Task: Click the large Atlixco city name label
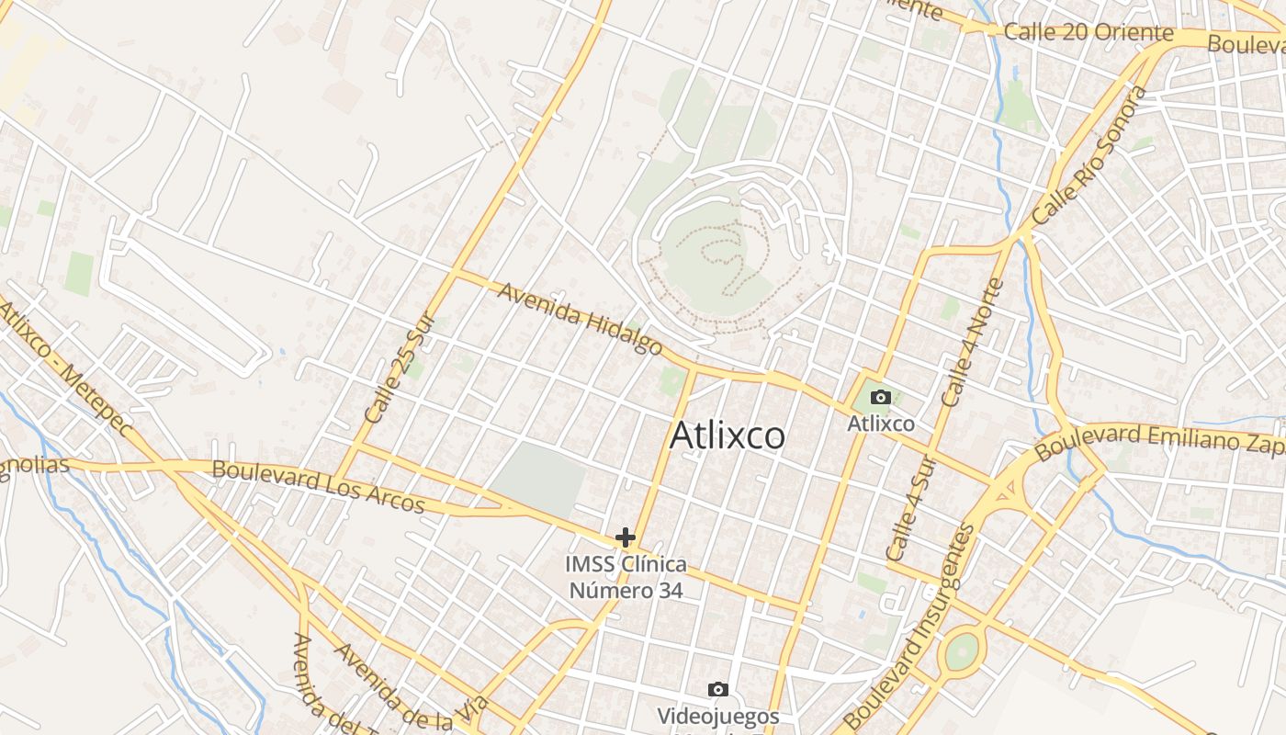pyautogui.click(x=727, y=435)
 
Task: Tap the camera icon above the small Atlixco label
pyautogui.click(x=880, y=397)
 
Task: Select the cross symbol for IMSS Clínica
pyautogui.click(x=626, y=537)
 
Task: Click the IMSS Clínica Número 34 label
pyautogui.click(x=626, y=577)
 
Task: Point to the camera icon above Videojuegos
pyautogui.click(x=718, y=689)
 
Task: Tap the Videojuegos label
pyautogui.click(x=718, y=716)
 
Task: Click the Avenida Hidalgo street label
pyautogui.click(x=580, y=319)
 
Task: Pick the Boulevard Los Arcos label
pyautogui.click(x=318, y=486)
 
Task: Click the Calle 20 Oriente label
pyautogui.click(x=1089, y=33)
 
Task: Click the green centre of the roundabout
pyautogui.click(x=961, y=652)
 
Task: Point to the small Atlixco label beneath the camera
pyautogui.click(x=880, y=424)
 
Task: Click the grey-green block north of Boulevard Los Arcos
pyautogui.click(x=541, y=479)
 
